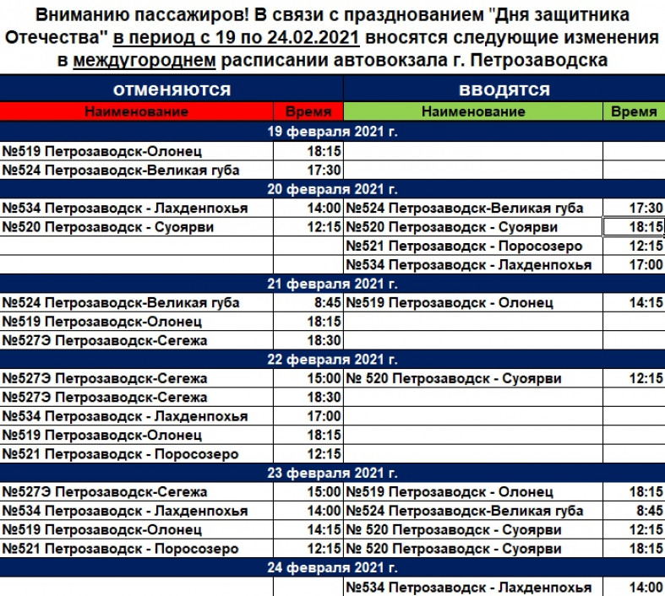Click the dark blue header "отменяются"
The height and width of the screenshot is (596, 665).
[x=172, y=90]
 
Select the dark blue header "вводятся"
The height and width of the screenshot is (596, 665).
[x=504, y=90]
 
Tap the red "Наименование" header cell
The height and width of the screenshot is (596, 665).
[x=136, y=111]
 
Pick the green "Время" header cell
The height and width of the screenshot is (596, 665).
[x=633, y=111]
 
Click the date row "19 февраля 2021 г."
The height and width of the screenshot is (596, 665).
[x=332, y=132]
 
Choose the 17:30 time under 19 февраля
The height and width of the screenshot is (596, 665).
[x=324, y=170]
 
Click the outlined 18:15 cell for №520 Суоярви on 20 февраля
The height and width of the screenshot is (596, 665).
[x=633, y=227]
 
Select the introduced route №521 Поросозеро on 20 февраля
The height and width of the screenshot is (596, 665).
[x=464, y=246]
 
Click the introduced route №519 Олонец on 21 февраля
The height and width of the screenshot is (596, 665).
[x=450, y=302]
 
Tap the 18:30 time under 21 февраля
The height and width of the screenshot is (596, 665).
[x=324, y=340]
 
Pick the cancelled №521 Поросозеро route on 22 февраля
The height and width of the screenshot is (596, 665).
[x=119, y=454]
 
